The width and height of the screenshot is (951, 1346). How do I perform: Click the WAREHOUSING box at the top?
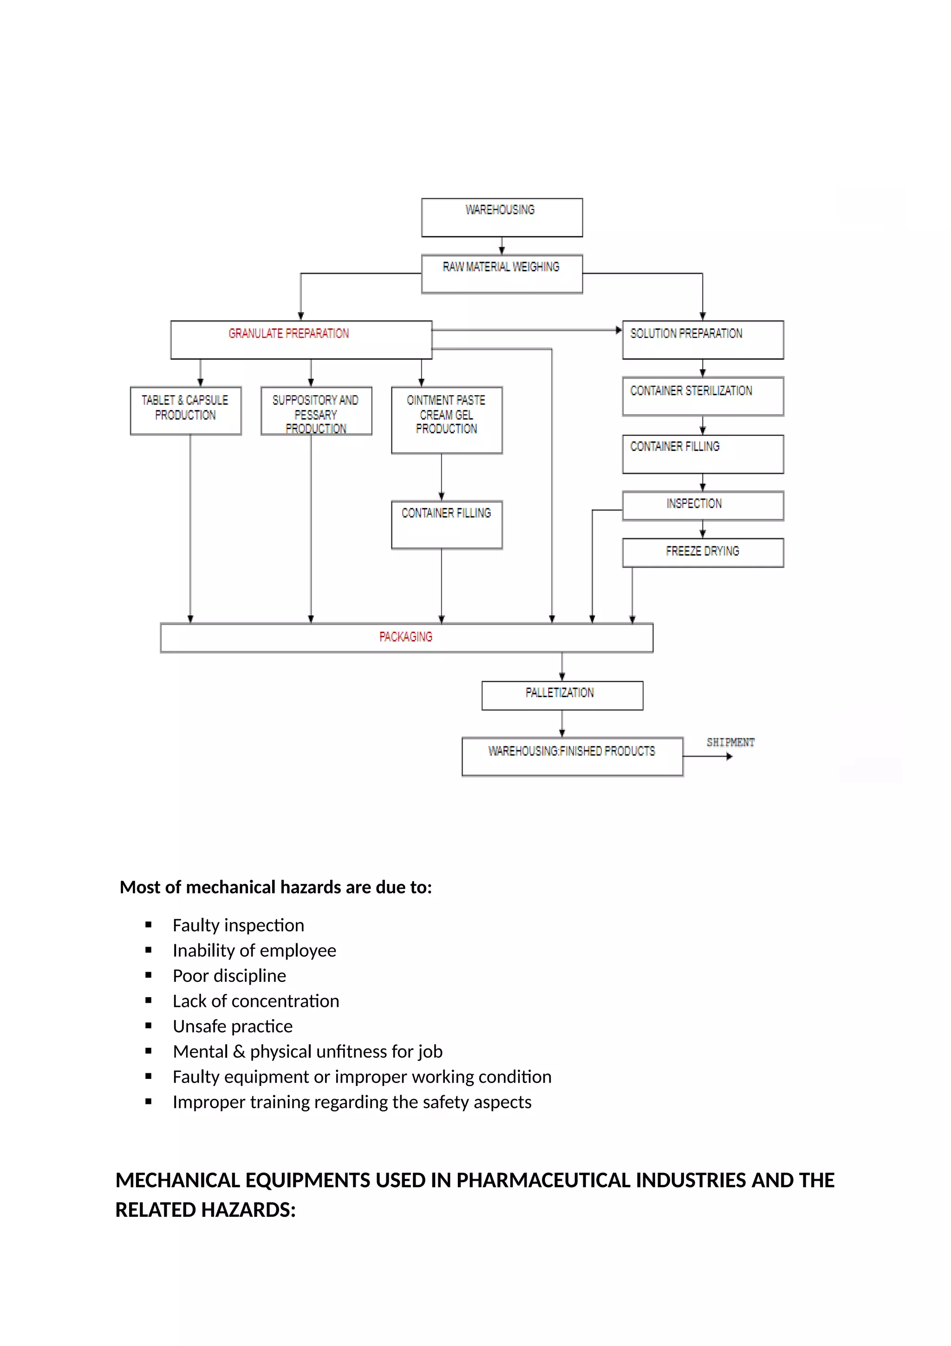(x=502, y=217)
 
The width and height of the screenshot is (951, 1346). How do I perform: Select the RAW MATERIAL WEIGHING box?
(x=502, y=274)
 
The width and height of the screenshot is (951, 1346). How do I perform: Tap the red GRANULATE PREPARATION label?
(x=288, y=333)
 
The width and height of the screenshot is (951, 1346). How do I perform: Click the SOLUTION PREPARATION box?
(x=703, y=340)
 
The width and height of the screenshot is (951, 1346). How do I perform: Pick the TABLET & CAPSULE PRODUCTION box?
(x=185, y=411)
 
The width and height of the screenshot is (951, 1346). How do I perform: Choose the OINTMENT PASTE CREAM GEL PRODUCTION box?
(x=447, y=420)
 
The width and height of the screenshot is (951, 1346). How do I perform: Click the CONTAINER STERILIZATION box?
(x=703, y=396)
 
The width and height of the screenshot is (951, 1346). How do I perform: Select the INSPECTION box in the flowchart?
(x=703, y=505)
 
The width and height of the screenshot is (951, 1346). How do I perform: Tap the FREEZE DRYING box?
(x=703, y=552)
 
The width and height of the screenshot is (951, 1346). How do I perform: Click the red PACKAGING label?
(x=405, y=637)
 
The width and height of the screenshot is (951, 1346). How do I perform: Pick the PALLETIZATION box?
(x=562, y=695)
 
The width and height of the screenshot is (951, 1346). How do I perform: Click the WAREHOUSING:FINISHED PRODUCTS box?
(x=572, y=756)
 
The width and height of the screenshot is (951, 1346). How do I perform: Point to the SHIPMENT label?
(x=730, y=742)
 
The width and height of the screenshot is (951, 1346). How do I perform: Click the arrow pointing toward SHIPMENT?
(x=709, y=756)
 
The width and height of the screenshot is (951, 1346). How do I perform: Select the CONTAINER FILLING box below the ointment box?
(x=447, y=525)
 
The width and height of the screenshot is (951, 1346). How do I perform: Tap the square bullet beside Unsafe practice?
(x=148, y=1026)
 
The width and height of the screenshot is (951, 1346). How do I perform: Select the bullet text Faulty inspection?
(x=238, y=925)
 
